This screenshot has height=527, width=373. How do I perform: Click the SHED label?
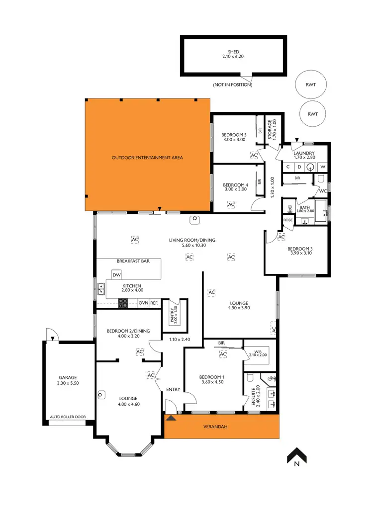pyautogui.click(x=233, y=52)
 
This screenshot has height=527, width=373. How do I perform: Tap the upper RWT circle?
pyautogui.click(x=312, y=85)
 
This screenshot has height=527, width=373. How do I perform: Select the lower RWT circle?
pyautogui.click(x=312, y=114)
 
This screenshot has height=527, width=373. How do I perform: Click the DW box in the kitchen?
pyautogui.click(x=117, y=275)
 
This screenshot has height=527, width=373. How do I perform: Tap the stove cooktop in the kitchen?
pyautogui.click(x=123, y=302)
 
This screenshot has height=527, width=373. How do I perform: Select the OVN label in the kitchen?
pyautogui.click(x=143, y=303)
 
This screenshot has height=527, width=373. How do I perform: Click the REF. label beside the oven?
pyautogui.click(x=155, y=303)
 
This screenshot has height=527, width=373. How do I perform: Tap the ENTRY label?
pyautogui.click(x=173, y=389)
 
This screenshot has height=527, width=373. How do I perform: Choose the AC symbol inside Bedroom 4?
pyautogui.click(x=231, y=204)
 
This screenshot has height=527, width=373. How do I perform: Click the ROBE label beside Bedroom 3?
pyautogui.click(x=288, y=219)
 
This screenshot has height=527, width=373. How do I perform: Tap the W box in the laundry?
pyautogui.click(x=323, y=167)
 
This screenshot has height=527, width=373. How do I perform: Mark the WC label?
pyautogui.click(x=322, y=190)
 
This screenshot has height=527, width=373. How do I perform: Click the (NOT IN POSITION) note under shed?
pyautogui.click(x=233, y=85)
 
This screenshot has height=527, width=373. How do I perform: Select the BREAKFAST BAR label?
pyautogui.click(x=133, y=261)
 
